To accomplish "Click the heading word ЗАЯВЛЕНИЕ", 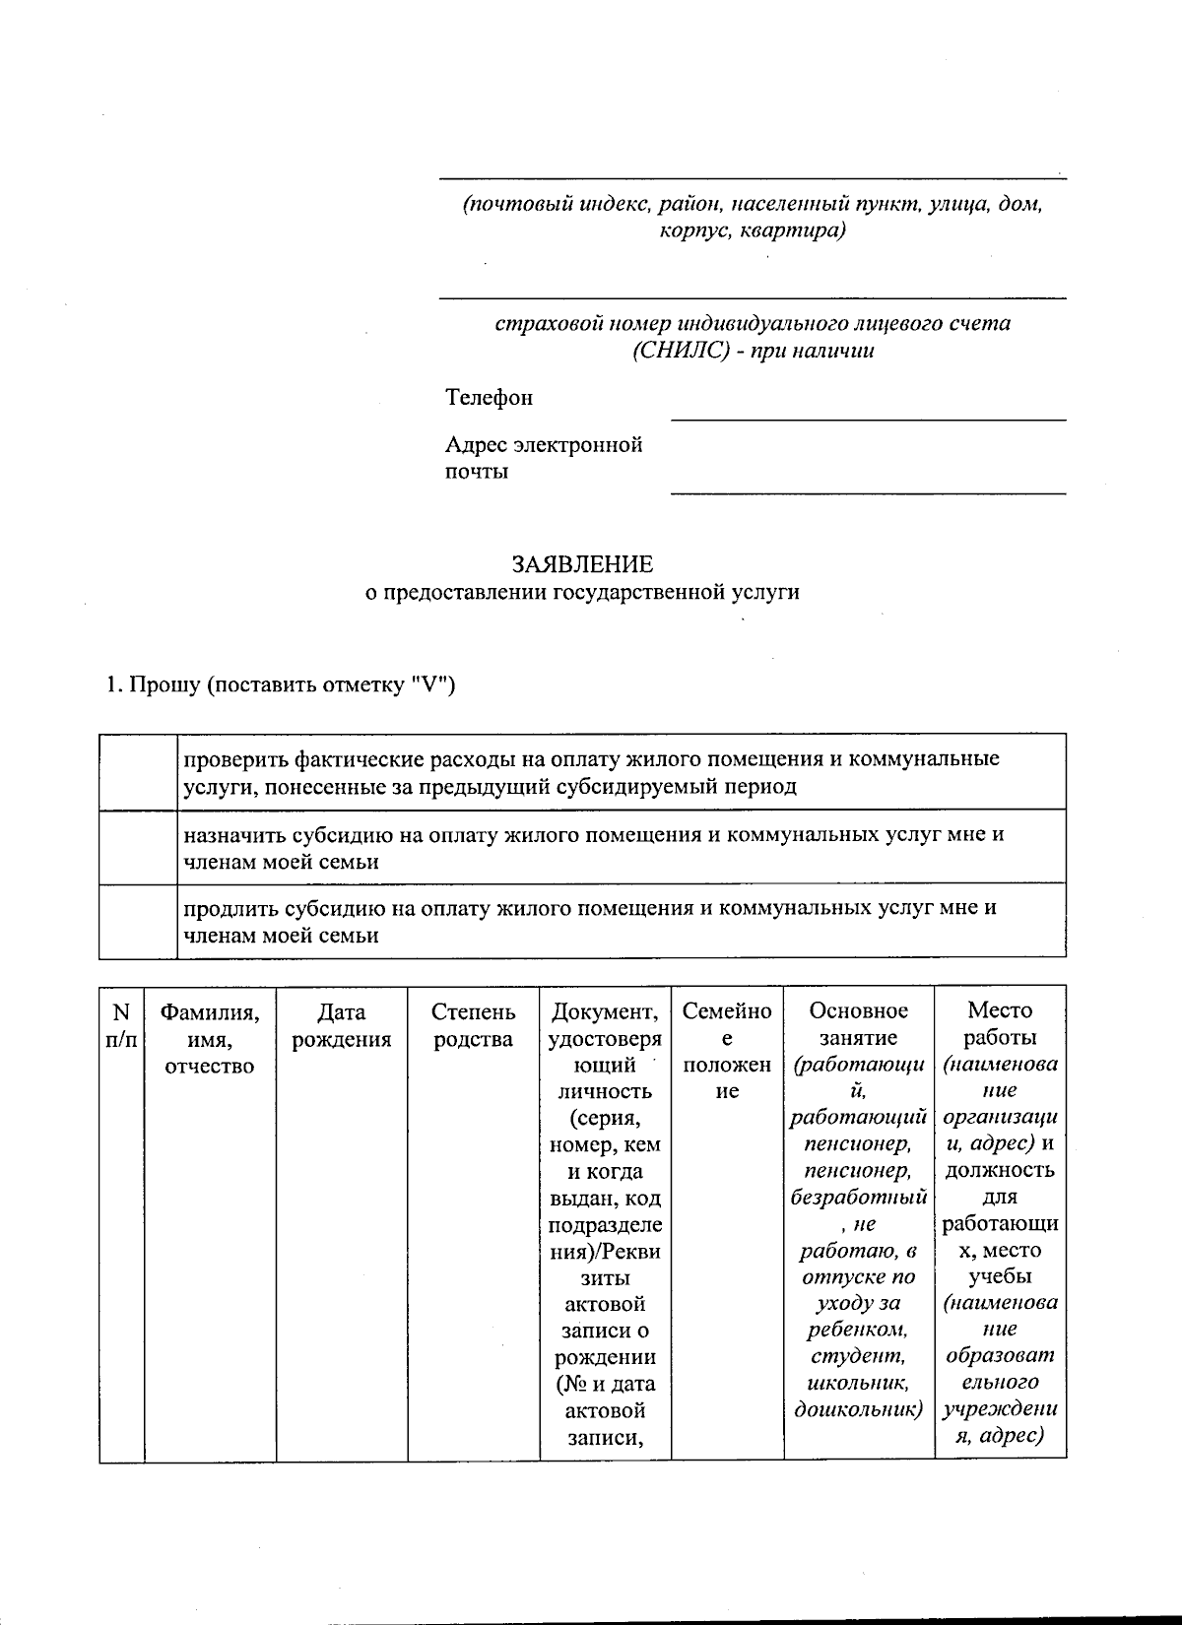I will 581,564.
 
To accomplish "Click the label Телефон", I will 489,397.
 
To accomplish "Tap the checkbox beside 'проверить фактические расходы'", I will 138,772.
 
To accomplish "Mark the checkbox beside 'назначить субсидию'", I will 138,847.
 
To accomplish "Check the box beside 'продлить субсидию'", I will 138,921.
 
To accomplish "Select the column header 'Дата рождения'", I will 342,1025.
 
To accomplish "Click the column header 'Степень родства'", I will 473,1025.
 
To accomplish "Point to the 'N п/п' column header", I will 121,1025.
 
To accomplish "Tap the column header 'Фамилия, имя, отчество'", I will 210,1038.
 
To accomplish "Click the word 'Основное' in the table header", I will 858,1011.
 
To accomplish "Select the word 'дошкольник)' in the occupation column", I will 858,1410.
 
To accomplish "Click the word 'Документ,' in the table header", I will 605,1011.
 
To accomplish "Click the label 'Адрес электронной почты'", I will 543,458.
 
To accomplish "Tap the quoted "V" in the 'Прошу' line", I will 430,685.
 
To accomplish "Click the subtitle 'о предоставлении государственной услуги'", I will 582,592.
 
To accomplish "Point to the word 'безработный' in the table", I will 858,1198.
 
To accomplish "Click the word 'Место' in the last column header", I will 1000,1010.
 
